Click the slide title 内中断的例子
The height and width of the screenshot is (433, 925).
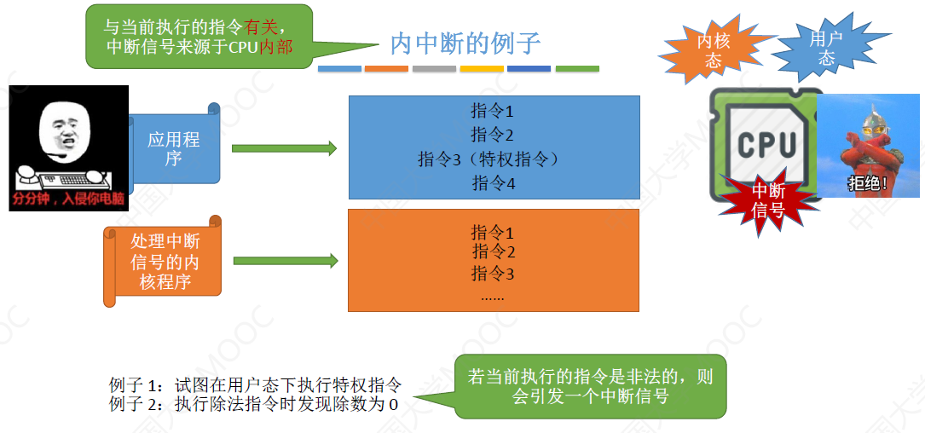click(465, 43)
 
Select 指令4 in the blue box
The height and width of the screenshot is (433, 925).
click(494, 182)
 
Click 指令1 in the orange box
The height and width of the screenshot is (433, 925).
click(493, 232)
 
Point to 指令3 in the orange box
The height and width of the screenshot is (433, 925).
click(493, 274)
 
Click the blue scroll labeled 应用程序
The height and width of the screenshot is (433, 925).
click(174, 148)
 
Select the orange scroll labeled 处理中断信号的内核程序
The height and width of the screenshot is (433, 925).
click(164, 262)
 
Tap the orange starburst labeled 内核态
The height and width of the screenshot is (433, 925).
click(714, 50)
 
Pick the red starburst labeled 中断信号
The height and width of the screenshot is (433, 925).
click(768, 200)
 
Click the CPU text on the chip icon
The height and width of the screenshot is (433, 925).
click(766, 145)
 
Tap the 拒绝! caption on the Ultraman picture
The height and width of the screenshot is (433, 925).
click(867, 183)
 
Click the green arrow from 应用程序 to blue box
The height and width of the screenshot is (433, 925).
click(284, 148)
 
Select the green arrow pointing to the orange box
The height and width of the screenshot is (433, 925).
click(285, 261)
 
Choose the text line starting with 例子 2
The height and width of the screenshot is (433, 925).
click(254, 404)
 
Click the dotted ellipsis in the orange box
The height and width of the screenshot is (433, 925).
click(492, 297)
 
